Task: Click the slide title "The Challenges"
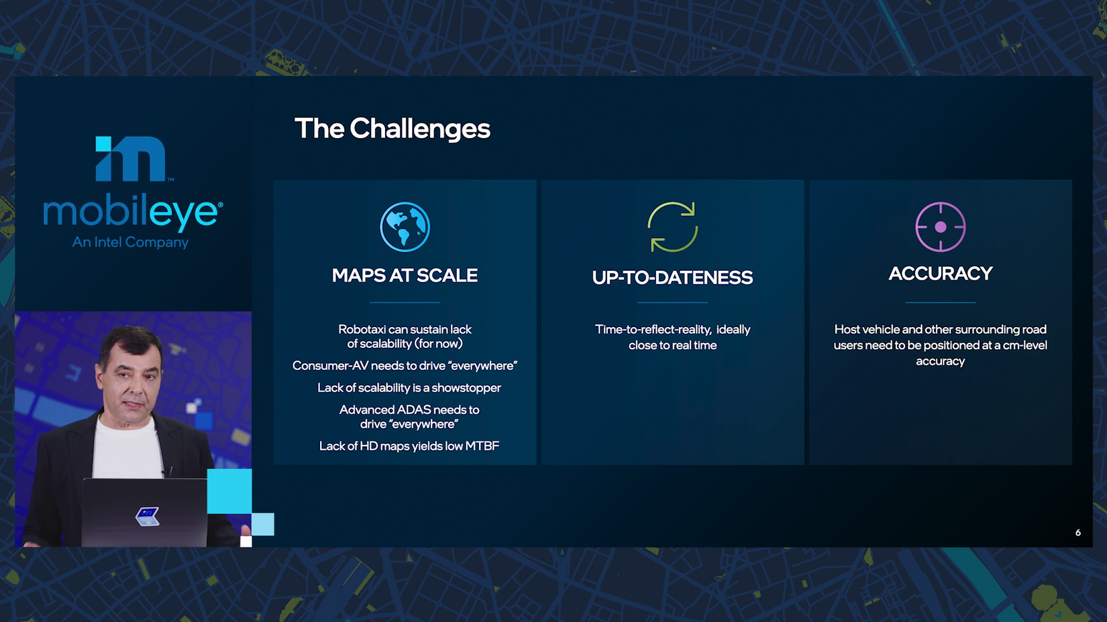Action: (392, 128)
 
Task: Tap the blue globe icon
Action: (405, 227)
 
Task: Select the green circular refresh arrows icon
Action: (673, 227)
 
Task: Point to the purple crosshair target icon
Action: (941, 227)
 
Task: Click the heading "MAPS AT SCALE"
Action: (405, 275)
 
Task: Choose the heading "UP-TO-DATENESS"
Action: (673, 277)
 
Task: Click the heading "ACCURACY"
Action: (941, 273)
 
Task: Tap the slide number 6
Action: (1078, 533)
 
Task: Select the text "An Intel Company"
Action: (130, 242)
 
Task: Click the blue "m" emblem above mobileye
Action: (131, 158)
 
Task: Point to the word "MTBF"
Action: (482, 446)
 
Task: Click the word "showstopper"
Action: (466, 388)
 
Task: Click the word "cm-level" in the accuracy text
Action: (1025, 345)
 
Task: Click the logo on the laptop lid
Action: (148, 516)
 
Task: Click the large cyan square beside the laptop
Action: (229, 491)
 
